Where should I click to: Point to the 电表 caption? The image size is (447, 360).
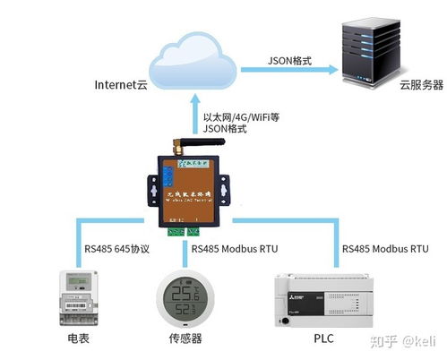click(x=78, y=339)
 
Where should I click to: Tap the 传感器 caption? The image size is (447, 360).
click(x=185, y=339)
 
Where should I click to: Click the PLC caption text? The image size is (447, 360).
click(x=320, y=339)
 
